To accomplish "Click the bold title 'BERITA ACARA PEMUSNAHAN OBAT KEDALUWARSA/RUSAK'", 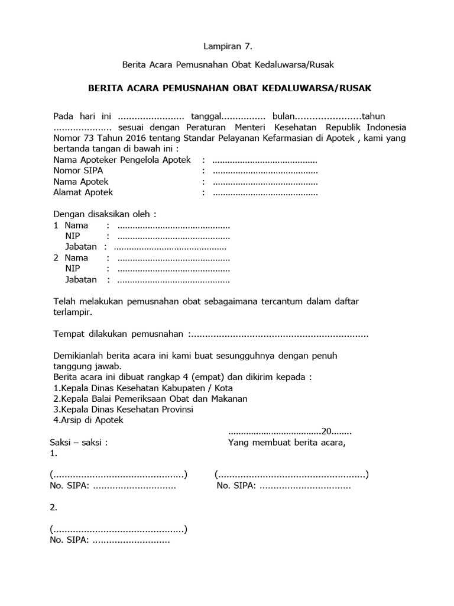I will (x=229, y=88).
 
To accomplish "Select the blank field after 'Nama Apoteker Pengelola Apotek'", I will (x=265, y=160).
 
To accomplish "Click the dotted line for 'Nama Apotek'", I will (x=265, y=182).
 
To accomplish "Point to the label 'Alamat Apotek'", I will (x=83, y=192).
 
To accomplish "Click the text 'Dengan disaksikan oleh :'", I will (x=105, y=214).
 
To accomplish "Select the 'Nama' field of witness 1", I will (x=173, y=225).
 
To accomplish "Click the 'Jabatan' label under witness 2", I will (x=80, y=279).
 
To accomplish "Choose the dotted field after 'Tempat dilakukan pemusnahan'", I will (x=279, y=334).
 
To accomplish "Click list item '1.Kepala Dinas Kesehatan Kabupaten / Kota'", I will (x=143, y=388).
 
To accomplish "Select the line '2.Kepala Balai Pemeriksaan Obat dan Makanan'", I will (x=150, y=399).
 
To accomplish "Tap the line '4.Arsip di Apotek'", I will (x=88, y=420).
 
